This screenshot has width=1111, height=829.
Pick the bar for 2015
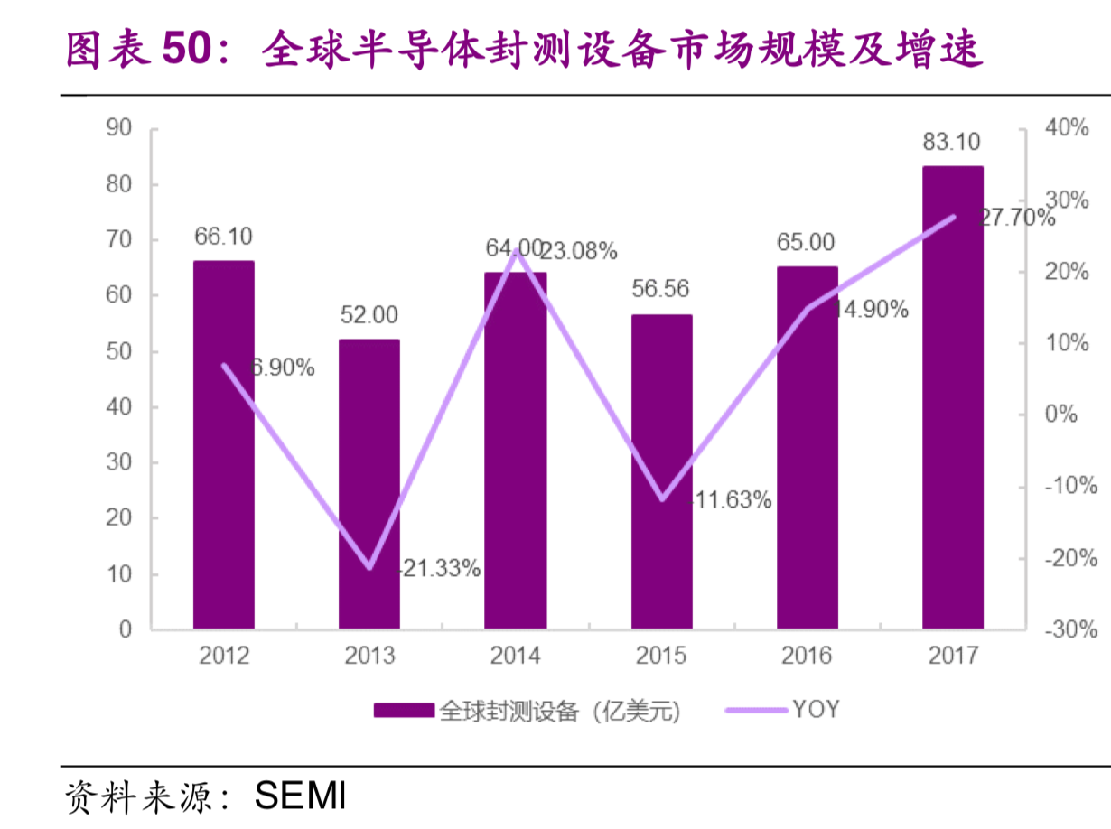click(x=661, y=470)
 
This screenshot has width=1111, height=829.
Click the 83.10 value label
click(x=951, y=142)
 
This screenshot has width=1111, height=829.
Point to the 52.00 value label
click(x=369, y=315)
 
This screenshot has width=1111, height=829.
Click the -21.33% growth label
click(x=439, y=569)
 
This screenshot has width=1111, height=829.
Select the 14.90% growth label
click(x=869, y=310)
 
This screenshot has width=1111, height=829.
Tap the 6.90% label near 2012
click(x=282, y=368)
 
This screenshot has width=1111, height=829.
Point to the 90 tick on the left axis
click(x=119, y=128)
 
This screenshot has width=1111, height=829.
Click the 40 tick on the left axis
click(x=119, y=407)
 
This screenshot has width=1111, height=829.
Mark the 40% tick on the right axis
click(x=1066, y=128)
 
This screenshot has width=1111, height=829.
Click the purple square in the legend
click(x=403, y=711)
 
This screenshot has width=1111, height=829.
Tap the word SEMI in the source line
click(x=300, y=796)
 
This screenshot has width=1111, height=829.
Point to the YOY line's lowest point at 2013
click(x=369, y=568)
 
